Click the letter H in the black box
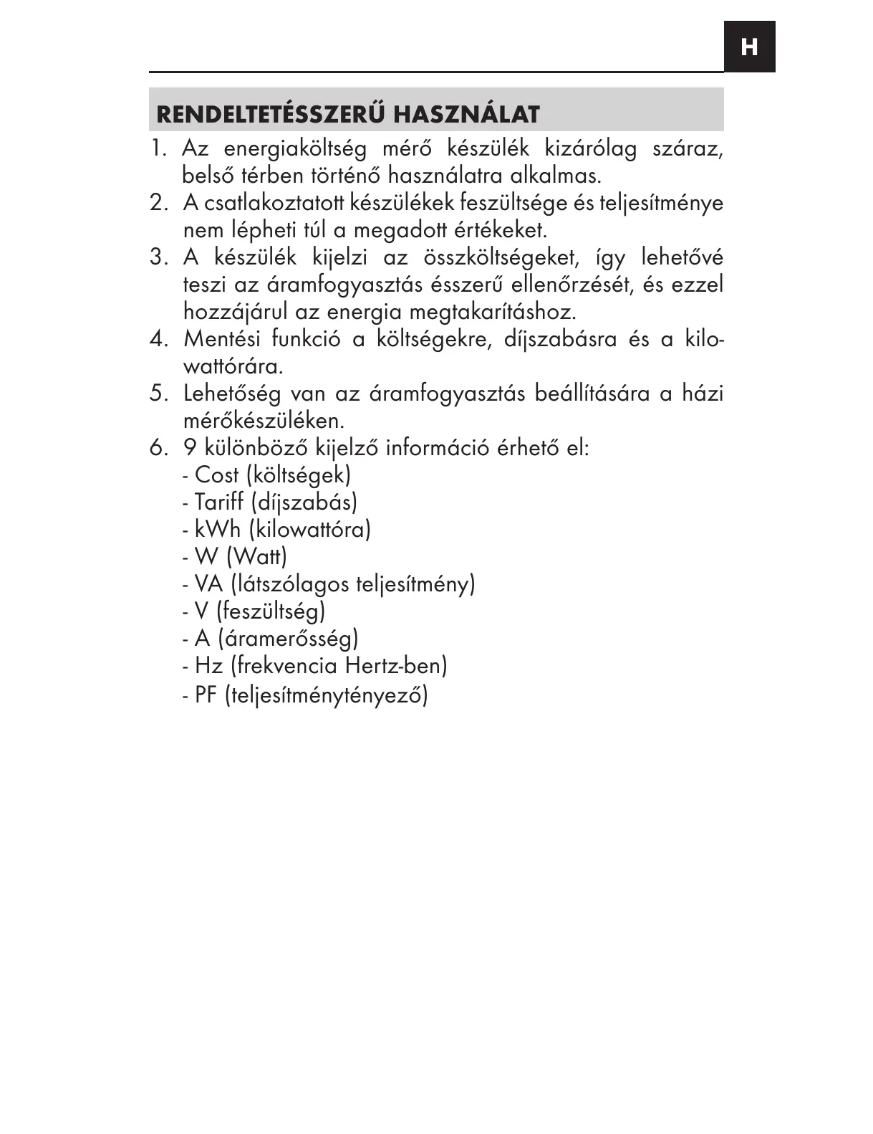[x=749, y=47]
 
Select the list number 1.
[x=157, y=149]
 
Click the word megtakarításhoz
[x=493, y=313]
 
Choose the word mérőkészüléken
[x=264, y=421]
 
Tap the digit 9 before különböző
[x=190, y=448]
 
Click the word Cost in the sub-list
[x=216, y=475]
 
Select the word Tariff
[x=218, y=502]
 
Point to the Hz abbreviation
[x=208, y=666]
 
